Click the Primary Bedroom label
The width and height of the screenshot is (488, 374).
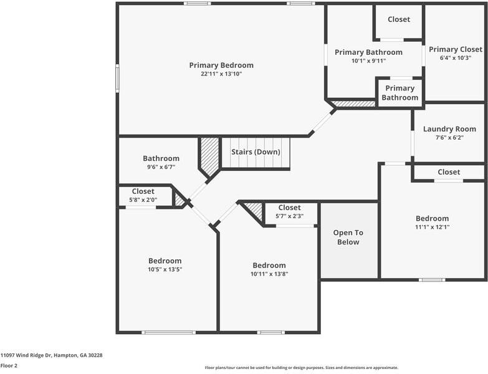tap(221, 65)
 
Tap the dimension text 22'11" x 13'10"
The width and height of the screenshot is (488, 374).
tap(221, 74)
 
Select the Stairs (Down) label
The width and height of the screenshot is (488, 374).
tap(256, 151)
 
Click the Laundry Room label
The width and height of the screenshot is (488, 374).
tap(449, 129)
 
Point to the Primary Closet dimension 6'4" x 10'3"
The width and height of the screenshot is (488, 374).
tap(455, 58)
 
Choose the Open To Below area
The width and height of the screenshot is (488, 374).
tap(348, 237)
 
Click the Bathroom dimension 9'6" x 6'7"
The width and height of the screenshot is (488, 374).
tap(161, 167)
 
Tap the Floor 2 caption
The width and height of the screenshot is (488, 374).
tap(9, 366)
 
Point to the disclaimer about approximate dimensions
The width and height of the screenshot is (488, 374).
tap(302, 368)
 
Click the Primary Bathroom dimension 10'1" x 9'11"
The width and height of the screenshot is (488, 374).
tap(368, 61)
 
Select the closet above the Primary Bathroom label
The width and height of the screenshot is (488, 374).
tap(399, 19)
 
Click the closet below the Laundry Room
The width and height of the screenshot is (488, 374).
tap(449, 172)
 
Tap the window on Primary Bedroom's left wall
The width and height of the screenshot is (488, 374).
tap(117, 79)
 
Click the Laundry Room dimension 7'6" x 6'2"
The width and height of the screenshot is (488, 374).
tap(449, 138)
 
